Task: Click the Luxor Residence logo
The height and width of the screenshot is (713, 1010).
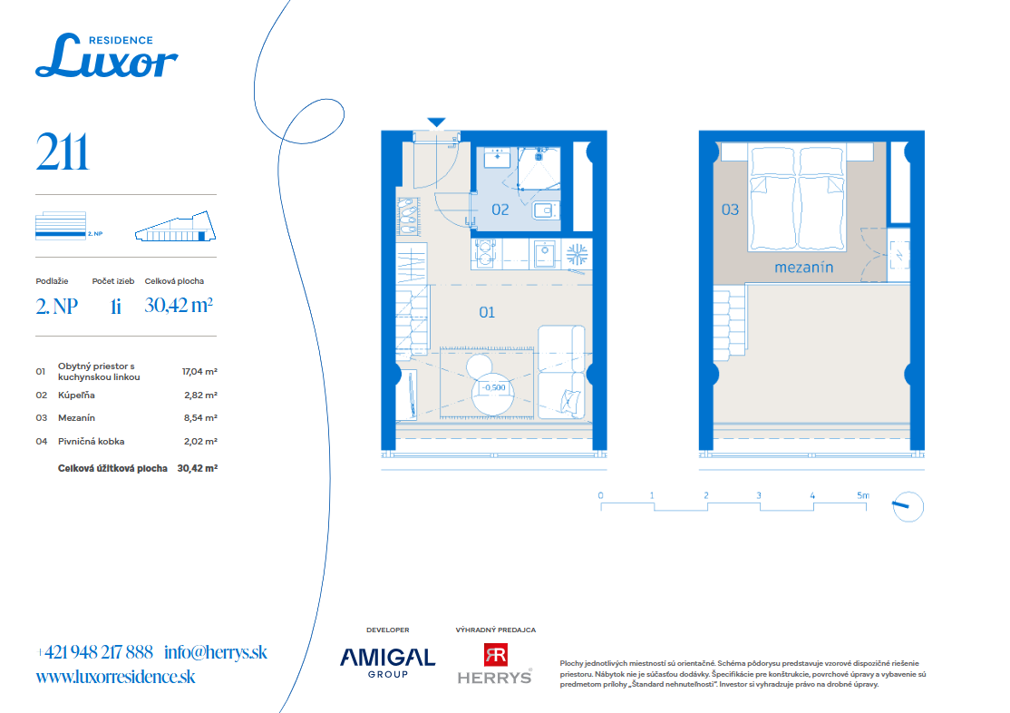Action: (x=106, y=56)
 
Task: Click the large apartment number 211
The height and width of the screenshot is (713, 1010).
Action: (x=62, y=152)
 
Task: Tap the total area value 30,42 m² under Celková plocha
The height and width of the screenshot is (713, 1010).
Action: (x=179, y=305)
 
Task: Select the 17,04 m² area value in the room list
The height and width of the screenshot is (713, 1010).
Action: (x=199, y=371)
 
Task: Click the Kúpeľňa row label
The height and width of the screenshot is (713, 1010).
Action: (x=76, y=396)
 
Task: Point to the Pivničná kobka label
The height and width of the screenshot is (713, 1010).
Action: (x=91, y=442)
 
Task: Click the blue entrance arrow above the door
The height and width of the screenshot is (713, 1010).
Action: (x=436, y=122)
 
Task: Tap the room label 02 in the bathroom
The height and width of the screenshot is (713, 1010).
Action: (x=500, y=210)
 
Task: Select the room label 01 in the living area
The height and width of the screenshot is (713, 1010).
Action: (x=487, y=313)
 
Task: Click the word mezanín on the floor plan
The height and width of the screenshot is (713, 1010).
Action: (x=804, y=268)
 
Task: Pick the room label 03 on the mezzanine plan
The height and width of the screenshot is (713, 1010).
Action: (x=730, y=210)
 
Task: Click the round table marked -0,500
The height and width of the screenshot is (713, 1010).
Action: (x=493, y=394)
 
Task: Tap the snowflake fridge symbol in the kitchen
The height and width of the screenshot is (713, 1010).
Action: (x=577, y=254)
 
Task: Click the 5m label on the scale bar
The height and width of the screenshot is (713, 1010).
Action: (x=863, y=495)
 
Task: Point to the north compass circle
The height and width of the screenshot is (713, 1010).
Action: (x=908, y=507)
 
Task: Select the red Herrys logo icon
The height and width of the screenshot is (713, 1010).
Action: (x=495, y=654)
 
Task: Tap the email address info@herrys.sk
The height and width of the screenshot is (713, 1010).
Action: (x=216, y=652)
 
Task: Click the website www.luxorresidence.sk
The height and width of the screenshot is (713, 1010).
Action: (x=115, y=677)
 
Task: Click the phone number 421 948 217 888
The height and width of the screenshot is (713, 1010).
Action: (x=99, y=652)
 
